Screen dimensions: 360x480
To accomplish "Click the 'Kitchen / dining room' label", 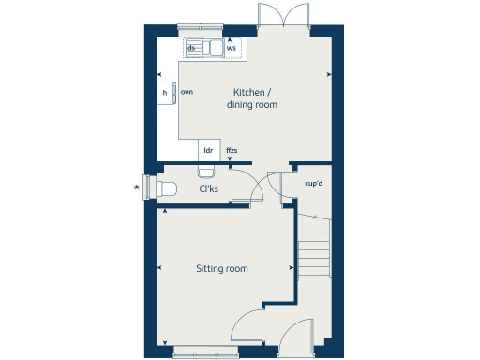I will (x=252, y=98).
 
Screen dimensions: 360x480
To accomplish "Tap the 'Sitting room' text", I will (x=222, y=269).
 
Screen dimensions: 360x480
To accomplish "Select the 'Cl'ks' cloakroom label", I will (x=208, y=189).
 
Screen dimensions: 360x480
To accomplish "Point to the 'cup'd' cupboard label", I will (x=315, y=183).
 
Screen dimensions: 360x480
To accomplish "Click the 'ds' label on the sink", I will (x=192, y=46).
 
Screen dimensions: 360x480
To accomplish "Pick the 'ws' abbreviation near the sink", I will (x=231, y=47).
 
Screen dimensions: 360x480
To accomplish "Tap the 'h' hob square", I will (x=165, y=94).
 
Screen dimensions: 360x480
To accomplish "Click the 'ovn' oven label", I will (x=187, y=93).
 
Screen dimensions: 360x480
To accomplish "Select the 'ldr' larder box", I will (x=207, y=150).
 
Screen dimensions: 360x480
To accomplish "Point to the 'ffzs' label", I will (x=232, y=150).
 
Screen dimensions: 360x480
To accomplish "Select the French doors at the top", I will (x=282, y=18).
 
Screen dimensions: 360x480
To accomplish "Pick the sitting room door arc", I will (x=248, y=328).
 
